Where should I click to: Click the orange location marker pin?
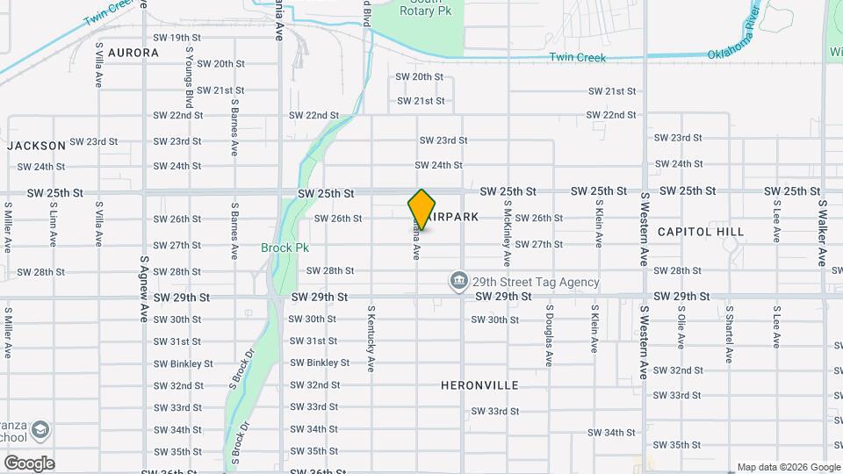(421, 209)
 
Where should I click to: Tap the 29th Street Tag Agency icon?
(458, 282)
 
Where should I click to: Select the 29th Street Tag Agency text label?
(536, 283)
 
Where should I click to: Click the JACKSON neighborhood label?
(36, 145)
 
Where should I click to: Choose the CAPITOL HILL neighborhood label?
(700, 232)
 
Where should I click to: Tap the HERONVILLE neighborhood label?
(479, 385)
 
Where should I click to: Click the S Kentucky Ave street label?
(371, 341)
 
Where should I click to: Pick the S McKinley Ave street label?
(507, 233)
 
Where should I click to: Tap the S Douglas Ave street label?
(549, 334)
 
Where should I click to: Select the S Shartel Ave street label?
(729, 334)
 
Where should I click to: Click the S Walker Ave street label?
(822, 233)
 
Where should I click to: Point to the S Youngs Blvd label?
(188, 71)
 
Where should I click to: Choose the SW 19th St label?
(177, 38)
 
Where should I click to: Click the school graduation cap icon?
(40, 430)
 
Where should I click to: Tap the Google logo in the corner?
(29, 463)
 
